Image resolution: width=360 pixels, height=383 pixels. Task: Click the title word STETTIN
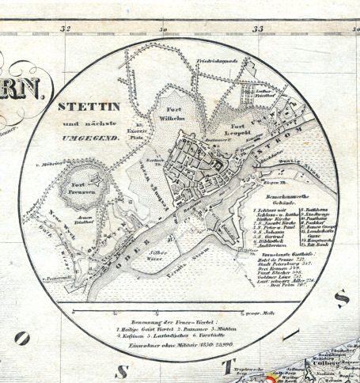pos(88,105)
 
